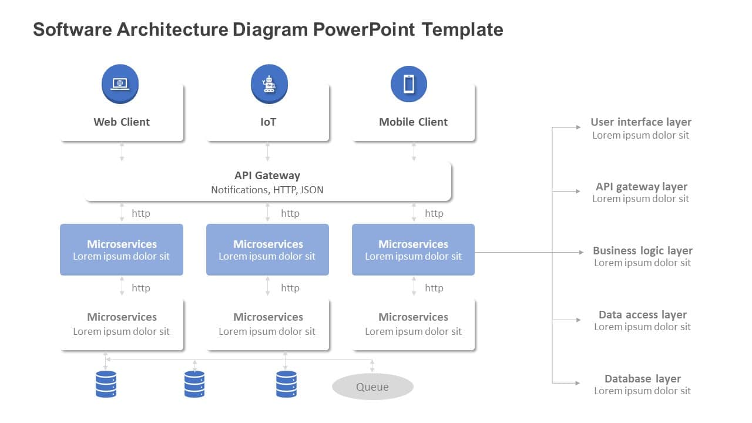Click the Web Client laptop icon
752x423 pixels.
pos(120,83)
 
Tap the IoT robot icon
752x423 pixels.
pos(269,83)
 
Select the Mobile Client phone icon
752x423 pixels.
pos(409,83)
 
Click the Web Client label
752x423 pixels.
pos(122,122)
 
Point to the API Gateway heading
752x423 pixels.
pos(267,175)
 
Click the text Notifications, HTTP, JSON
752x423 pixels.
pos(267,190)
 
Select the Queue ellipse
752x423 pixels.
pos(372,387)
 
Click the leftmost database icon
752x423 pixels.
pos(106,384)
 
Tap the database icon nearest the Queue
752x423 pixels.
pos(286,384)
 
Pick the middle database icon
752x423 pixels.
pos(194,384)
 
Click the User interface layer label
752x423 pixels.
pos(640,122)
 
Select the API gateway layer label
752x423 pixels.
pos(641,186)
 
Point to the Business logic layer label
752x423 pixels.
pos(642,250)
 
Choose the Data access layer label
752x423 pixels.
pos(642,314)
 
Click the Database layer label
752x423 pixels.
pos(642,379)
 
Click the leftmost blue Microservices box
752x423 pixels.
pos(122,250)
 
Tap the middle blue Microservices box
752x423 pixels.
pos(267,250)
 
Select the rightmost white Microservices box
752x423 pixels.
pos(413,324)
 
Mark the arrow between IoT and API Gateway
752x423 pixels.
pos(268,152)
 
